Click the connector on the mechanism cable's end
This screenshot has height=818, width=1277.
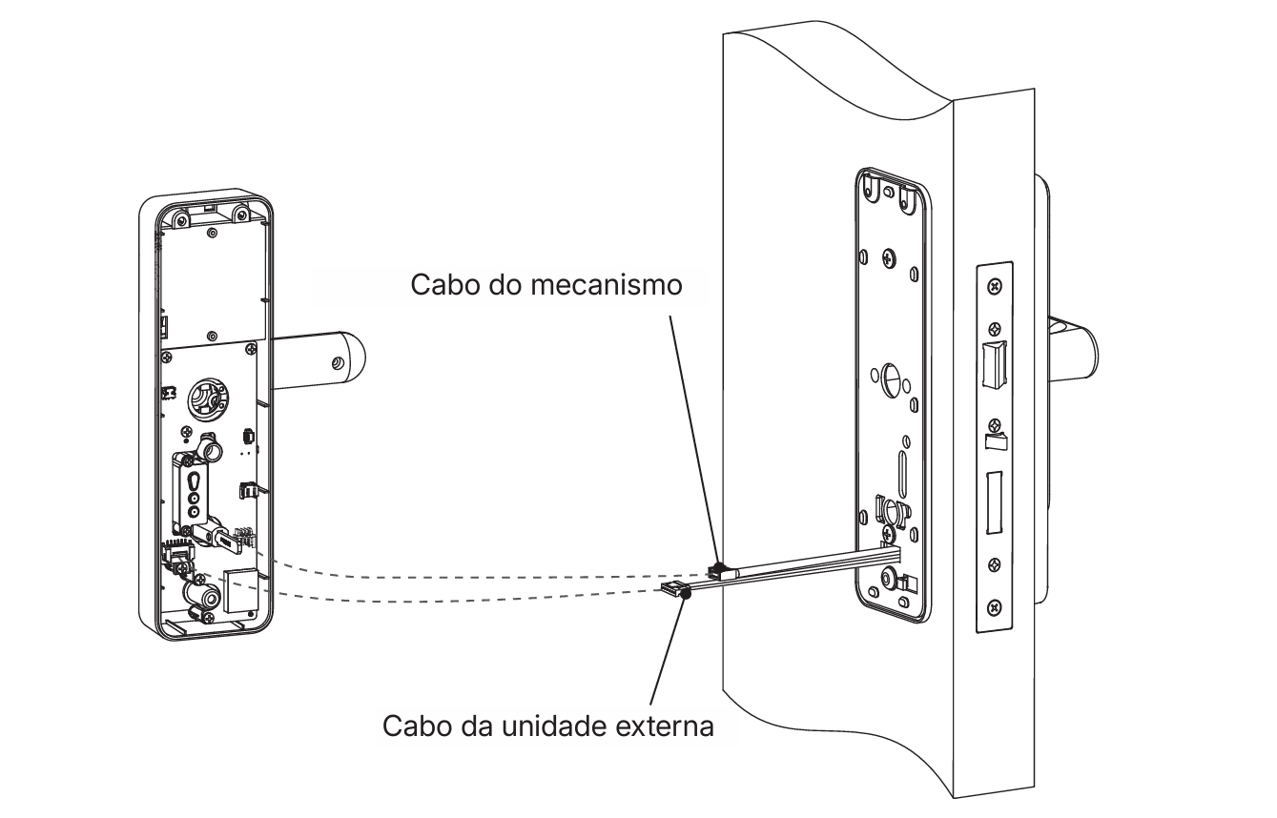(717, 571)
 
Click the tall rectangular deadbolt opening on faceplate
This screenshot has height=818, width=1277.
(993, 502)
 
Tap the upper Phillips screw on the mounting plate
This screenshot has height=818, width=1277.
(888, 257)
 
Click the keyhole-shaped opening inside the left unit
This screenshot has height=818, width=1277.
(194, 488)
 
